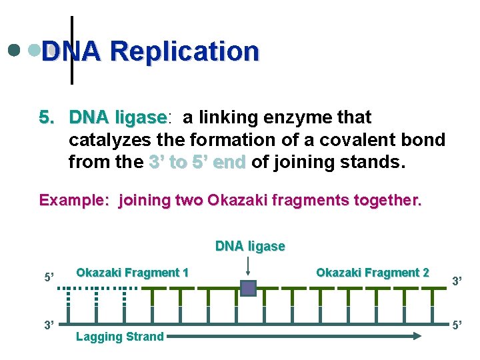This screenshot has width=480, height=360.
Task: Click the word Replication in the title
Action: pos(185,51)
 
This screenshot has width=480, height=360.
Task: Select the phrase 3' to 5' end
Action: pos(197,162)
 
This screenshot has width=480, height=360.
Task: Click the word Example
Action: pos(74,200)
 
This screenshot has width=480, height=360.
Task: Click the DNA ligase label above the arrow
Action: pos(250,246)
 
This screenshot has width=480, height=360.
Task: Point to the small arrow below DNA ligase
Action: pos(248,267)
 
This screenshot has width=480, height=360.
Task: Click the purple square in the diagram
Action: pos(248,288)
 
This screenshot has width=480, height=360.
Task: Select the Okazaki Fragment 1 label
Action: pos(132,272)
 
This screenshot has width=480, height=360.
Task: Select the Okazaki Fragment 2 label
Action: pos(372,272)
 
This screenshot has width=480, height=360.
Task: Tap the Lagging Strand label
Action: pos(119,337)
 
